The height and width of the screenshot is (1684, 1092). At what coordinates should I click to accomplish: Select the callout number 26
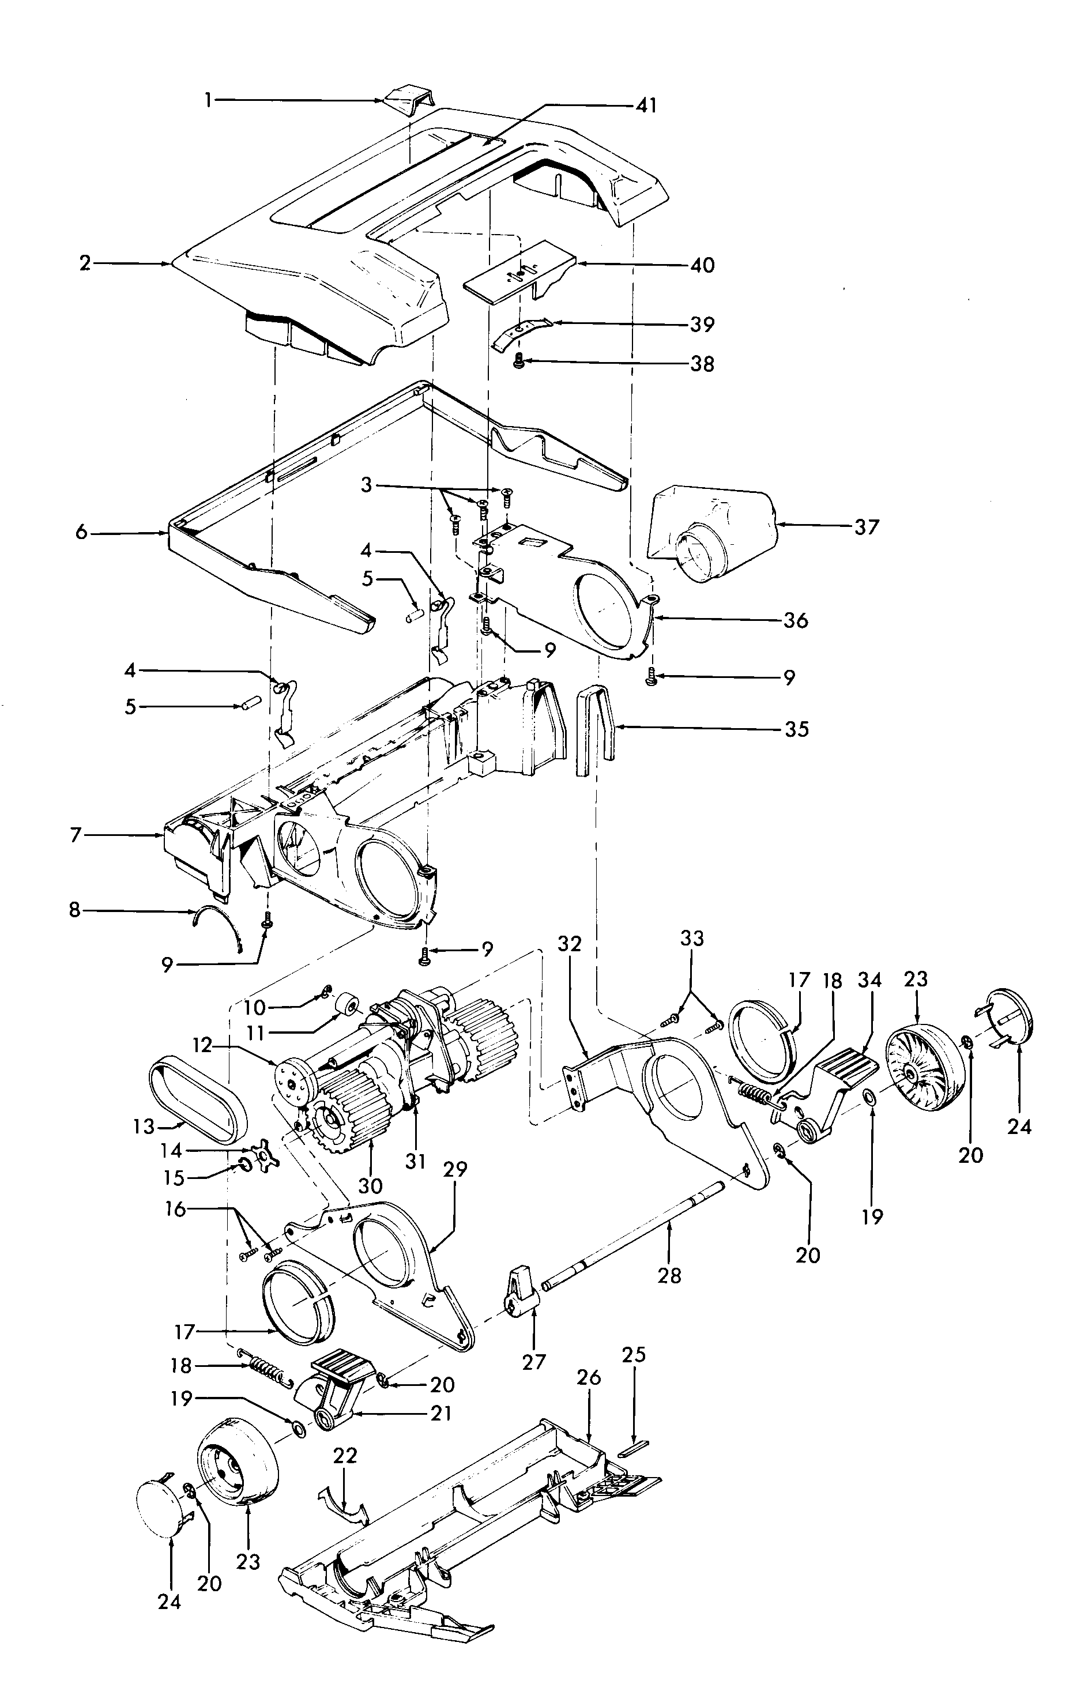[588, 1397]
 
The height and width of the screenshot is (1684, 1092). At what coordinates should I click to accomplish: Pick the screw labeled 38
[518, 364]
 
